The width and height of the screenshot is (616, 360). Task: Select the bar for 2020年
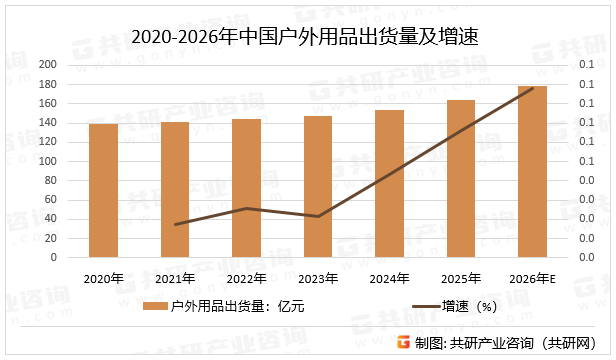[x=103, y=190]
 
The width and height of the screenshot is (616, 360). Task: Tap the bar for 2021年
[x=175, y=190]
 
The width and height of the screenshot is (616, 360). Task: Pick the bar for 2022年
[x=246, y=188]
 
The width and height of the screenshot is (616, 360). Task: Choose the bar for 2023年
[x=318, y=187]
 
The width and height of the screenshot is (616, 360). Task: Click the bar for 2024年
[x=389, y=183]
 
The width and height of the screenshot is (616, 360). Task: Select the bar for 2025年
[x=460, y=178]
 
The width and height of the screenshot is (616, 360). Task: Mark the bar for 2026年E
[x=532, y=171]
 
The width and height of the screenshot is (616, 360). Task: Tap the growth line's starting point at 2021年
[x=175, y=224]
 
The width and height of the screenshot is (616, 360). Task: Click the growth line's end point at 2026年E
[x=532, y=88]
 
